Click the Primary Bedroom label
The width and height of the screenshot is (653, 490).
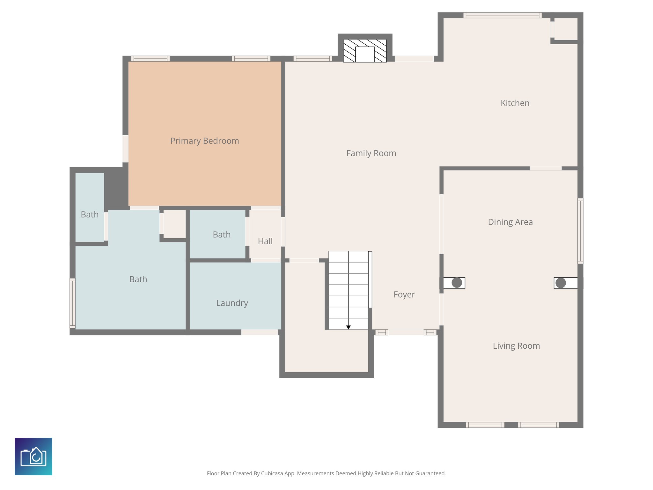click(204, 141)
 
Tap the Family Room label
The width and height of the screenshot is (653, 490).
click(371, 153)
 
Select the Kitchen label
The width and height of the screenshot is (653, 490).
click(515, 103)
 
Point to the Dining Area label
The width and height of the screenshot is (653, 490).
click(510, 222)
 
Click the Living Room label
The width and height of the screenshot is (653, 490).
click(516, 346)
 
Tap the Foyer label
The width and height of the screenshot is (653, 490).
click(404, 294)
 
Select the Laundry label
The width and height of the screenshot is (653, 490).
click(232, 303)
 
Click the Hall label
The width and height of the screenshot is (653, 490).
click(265, 241)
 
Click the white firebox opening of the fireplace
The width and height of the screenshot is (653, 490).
click(364, 55)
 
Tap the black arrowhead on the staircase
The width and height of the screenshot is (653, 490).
click(349, 327)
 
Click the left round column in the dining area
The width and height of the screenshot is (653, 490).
click(457, 283)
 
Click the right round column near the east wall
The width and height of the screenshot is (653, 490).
click(561, 283)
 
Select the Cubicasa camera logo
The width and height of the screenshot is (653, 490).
click(33, 457)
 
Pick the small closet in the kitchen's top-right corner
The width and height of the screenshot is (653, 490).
click(566, 29)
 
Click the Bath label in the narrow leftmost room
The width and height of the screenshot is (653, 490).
click(90, 214)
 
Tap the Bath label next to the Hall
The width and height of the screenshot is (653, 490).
click(222, 234)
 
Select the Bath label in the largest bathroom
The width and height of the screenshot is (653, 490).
click(138, 279)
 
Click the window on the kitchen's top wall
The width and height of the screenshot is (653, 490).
click(502, 15)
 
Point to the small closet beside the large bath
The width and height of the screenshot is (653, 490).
click(174, 224)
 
